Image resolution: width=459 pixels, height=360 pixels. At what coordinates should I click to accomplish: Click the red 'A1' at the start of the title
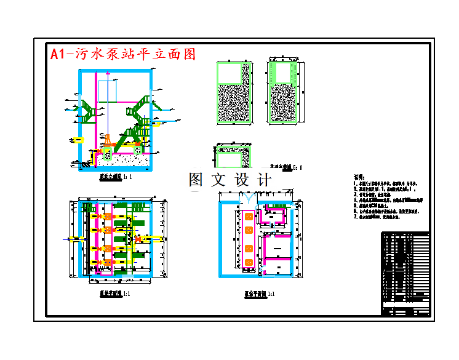point(58,54)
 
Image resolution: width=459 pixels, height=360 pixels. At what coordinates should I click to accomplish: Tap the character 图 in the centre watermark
point(196,180)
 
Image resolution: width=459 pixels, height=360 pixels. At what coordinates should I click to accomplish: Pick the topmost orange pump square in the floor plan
point(249,216)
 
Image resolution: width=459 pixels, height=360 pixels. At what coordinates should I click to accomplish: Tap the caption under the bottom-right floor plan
point(258,294)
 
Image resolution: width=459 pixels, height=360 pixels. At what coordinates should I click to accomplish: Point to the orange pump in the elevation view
point(108,142)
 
